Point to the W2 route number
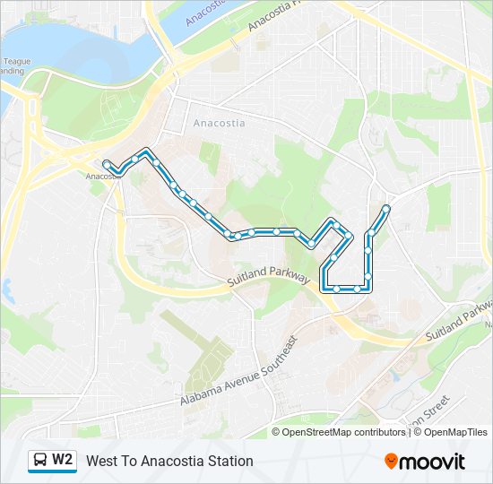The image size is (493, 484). pyautogui.click(x=63, y=460)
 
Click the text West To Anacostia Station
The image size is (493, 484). pyautogui.click(x=169, y=461)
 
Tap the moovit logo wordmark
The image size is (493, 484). pyautogui.click(x=433, y=462)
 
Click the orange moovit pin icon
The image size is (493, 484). pyautogui.click(x=391, y=462)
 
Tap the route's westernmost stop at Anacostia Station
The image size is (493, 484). pyautogui.click(x=108, y=164)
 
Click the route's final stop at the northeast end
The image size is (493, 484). pyautogui.click(x=386, y=209)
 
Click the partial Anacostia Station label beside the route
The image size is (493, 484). pyautogui.click(x=100, y=176)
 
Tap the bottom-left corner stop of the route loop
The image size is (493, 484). pyautogui.click(x=324, y=288)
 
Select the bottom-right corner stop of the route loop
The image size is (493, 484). pyautogui.click(x=368, y=288)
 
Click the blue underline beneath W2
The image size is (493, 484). pyautogui.click(x=52, y=471)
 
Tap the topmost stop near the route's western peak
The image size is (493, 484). pyautogui.click(x=145, y=151)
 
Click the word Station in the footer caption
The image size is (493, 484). pyautogui.click(x=229, y=461)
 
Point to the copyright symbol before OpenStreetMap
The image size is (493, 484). pyautogui.click(x=277, y=432)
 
